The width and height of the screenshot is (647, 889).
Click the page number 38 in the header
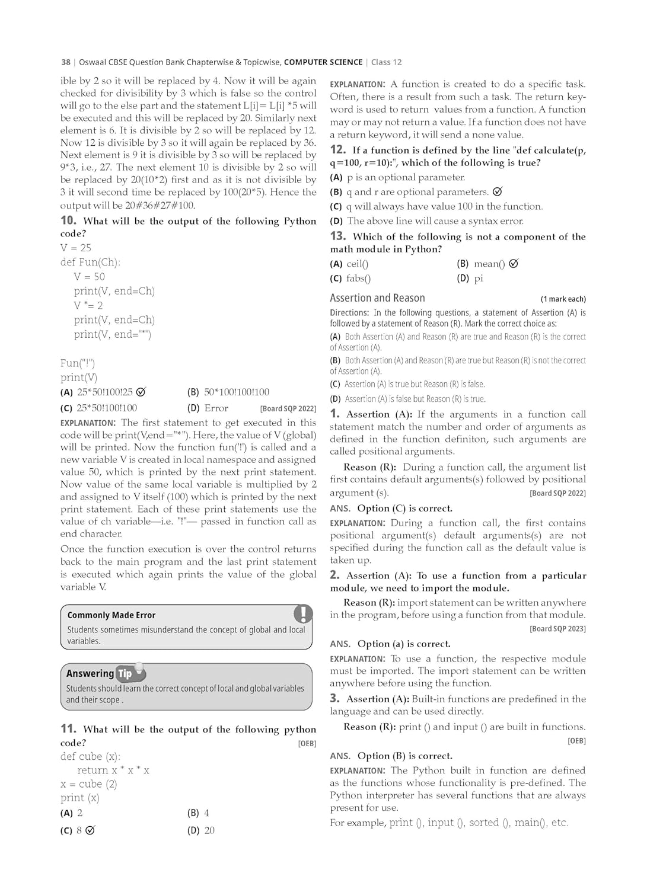(x=65, y=62)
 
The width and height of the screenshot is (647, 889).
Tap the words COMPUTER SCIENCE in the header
(x=323, y=62)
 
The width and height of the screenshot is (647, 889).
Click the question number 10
(x=69, y=220)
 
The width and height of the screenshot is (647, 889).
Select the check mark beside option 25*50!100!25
(x=141, y=392)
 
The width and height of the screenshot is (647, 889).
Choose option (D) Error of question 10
(x=208, y=408)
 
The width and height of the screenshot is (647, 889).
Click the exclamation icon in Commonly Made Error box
(x=303, y=613)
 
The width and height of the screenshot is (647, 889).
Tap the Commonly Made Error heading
(x=111, y=615)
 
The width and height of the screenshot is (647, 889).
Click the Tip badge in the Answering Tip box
(x=125, y=673)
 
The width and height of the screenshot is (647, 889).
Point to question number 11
(x=68, y=729)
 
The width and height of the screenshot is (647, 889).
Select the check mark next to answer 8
(x=90, y=830)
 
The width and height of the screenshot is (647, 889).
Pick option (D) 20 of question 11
(x=201, y=830)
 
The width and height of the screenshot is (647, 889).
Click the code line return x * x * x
(x=113, y=770)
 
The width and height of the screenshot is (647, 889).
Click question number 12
(x=338, y=150)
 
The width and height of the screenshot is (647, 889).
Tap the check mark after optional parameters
(x=498, y=191)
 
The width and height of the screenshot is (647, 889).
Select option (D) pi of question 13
(x=470, y=279)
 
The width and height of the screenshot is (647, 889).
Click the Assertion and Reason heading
(x=377, y=298)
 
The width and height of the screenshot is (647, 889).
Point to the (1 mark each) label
(x=563, y=299)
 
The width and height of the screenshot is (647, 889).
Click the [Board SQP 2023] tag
(x=557, y=629)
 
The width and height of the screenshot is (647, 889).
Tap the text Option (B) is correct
(x=404, y=756)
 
